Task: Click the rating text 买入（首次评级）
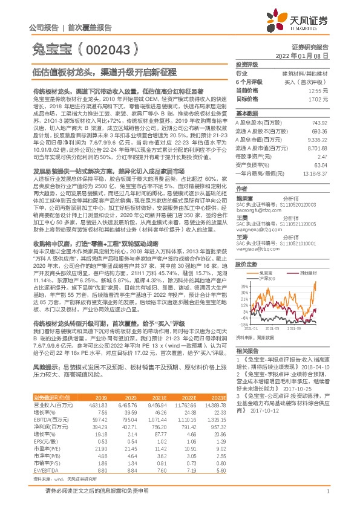[x=308, y=81]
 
